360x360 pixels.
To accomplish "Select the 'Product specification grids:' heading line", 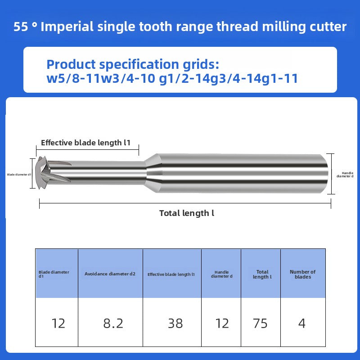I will point(133,64).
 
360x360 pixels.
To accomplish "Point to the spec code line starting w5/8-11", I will point(172,79).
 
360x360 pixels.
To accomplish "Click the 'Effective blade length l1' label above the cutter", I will point(85,143).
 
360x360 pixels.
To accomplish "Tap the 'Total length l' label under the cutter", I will point(187,213).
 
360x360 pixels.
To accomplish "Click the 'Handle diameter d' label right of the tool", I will point(346,175).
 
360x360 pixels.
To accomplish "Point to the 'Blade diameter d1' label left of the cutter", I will point(18,174).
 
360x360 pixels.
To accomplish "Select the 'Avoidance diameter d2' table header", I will point(110,274).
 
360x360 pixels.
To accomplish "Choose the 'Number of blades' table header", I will point(302,274).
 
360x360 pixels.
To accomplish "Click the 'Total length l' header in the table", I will point(262,274).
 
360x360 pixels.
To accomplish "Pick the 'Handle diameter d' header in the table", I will point(221,274).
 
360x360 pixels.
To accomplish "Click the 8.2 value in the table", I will point(113,323).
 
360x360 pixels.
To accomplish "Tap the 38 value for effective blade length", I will point(175,323).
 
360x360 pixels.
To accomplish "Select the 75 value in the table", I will point(260,323).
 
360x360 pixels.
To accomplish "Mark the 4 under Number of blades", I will point(302,323).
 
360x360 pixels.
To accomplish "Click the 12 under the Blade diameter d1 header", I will point(58,323).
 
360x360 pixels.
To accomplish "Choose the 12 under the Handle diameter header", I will point(222,323).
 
